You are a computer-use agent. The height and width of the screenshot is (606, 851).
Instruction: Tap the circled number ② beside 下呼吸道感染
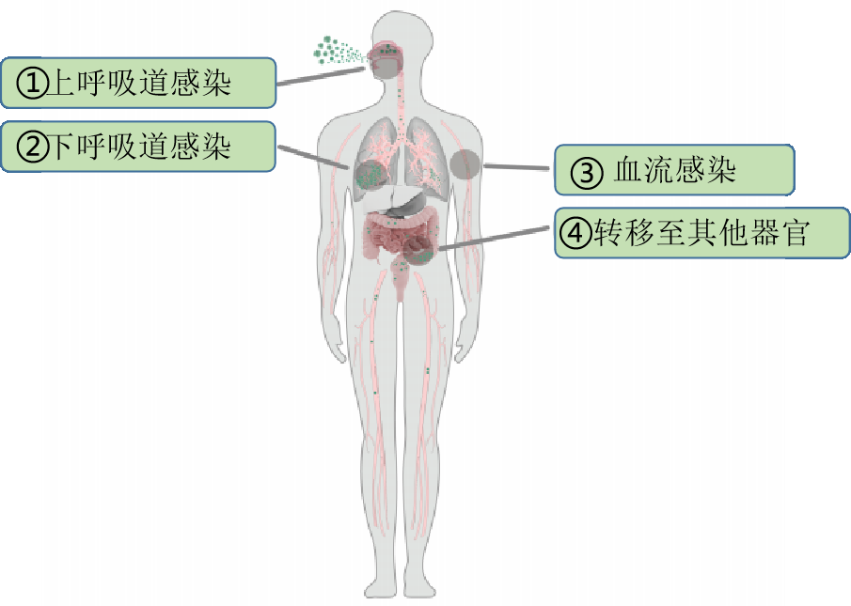tap(33, 147)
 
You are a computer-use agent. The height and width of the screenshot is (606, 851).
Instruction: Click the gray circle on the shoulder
tap(465, 164)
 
